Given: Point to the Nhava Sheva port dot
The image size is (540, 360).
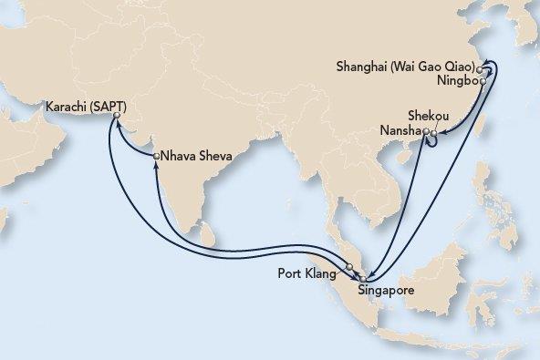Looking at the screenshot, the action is pyautogui.click(x=157, y=156).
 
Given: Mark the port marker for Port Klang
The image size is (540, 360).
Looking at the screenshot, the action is pyautogui.click(x=348, y=267).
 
